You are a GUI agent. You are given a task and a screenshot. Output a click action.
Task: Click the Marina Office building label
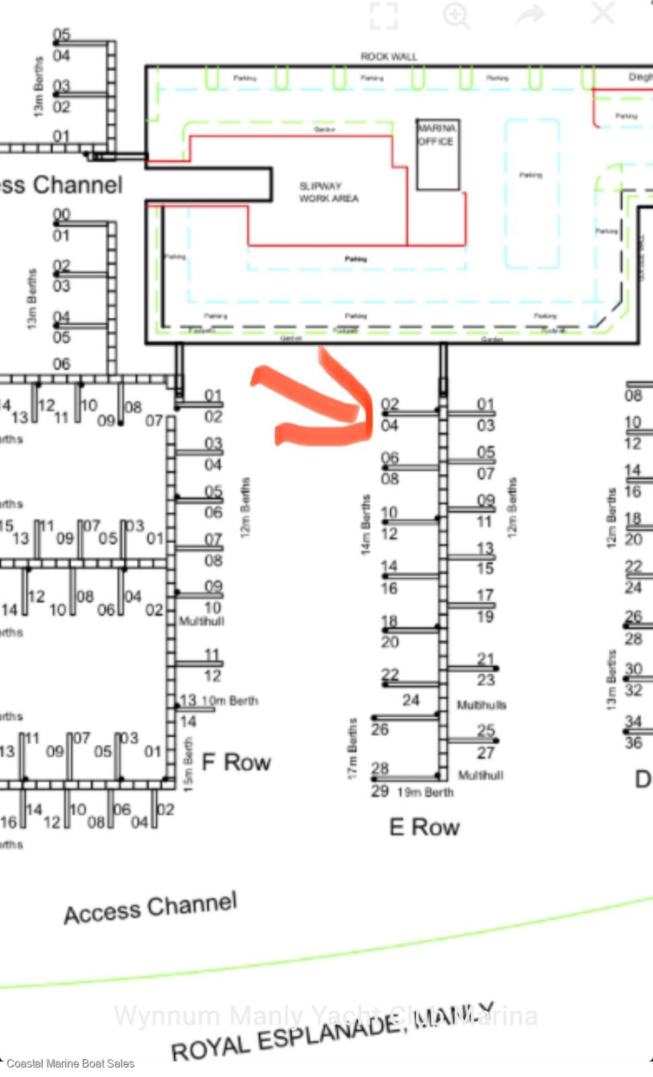tap(437, 135)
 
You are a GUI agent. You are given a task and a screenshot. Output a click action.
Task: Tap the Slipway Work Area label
tap(329, 192)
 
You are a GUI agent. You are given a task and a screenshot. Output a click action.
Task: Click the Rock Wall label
tap(388, 57)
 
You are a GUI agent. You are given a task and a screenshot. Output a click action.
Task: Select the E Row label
tap(424, 827)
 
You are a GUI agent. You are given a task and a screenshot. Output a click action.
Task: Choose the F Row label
tap(236, 763)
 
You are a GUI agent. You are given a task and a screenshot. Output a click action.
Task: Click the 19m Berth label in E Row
tap(425, 792)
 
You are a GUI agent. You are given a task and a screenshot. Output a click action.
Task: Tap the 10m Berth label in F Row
tap(230, 701)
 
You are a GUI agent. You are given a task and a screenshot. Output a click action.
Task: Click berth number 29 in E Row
tap(380, 791)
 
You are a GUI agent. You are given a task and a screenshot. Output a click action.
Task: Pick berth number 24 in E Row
tap(411, 700)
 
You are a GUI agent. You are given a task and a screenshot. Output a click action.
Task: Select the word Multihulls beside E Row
tap(481, 705)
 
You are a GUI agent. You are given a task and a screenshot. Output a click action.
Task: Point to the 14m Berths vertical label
tap(366, 525)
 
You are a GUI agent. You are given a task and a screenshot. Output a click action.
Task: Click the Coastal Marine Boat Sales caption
tap(71, 1064)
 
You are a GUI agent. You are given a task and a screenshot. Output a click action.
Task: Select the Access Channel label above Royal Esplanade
tap(151, 908)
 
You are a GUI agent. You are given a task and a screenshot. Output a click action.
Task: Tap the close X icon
tap(603, 13)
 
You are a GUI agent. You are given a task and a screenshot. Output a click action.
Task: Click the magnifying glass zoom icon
tap(456, 15)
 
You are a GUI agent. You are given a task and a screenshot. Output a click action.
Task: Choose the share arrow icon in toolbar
tap(530, 15)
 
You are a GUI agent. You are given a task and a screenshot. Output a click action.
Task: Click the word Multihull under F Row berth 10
tap(201, 621)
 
